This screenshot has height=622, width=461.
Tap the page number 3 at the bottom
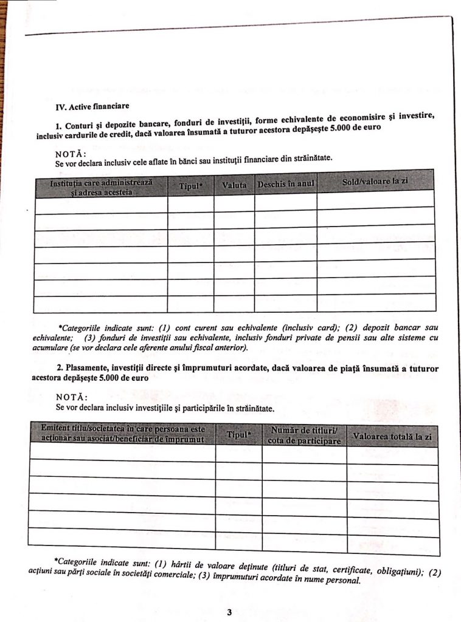point(229,612)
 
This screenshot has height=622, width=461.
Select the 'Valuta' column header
point(234,183)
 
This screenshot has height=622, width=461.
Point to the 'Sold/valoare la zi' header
point(375,181)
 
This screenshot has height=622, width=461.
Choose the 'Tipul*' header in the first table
point(190,185)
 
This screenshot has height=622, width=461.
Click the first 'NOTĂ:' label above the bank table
point(71,153)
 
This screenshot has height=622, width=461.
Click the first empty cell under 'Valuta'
point(234,203)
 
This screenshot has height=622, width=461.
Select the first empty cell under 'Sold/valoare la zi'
point(375,199)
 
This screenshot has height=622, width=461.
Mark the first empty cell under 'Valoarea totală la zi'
point(392,455)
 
